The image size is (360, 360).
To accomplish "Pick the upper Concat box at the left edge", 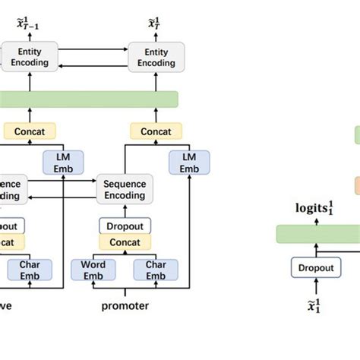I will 26,131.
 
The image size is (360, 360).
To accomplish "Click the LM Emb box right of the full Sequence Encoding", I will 189,162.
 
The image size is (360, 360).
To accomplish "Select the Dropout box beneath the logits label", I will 311,267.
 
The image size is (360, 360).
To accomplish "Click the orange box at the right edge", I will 356,185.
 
